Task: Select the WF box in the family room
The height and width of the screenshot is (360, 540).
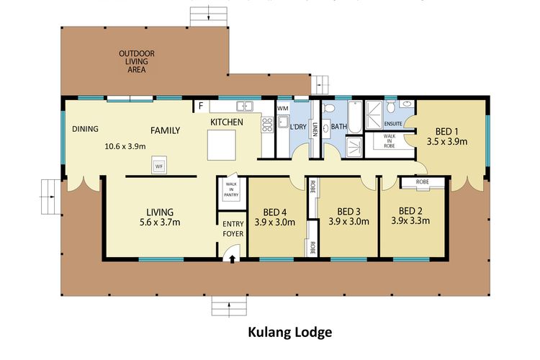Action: pyautogui.click(x=159, y=166)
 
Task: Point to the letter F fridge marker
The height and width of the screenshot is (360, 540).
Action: pyautogui.click(x=201, y=107)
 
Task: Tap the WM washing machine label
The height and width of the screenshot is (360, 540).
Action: pyautogui.click(x=283, y=108)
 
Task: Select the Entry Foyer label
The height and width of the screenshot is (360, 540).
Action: pyautogui.click(x=232, y=227)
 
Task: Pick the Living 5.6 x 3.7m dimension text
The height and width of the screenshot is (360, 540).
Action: pyautogui.click(x=160, y=222)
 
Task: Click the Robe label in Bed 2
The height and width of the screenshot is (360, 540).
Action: pyautogui.click(x=423, y=182)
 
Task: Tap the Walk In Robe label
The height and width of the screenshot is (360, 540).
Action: pyautogui.click(x=389, y=141)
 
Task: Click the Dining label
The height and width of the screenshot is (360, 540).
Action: pyautogui.click(x=85, y=130)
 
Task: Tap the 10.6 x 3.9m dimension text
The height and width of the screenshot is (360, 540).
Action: pyautogui.click(x=125, y=146)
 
